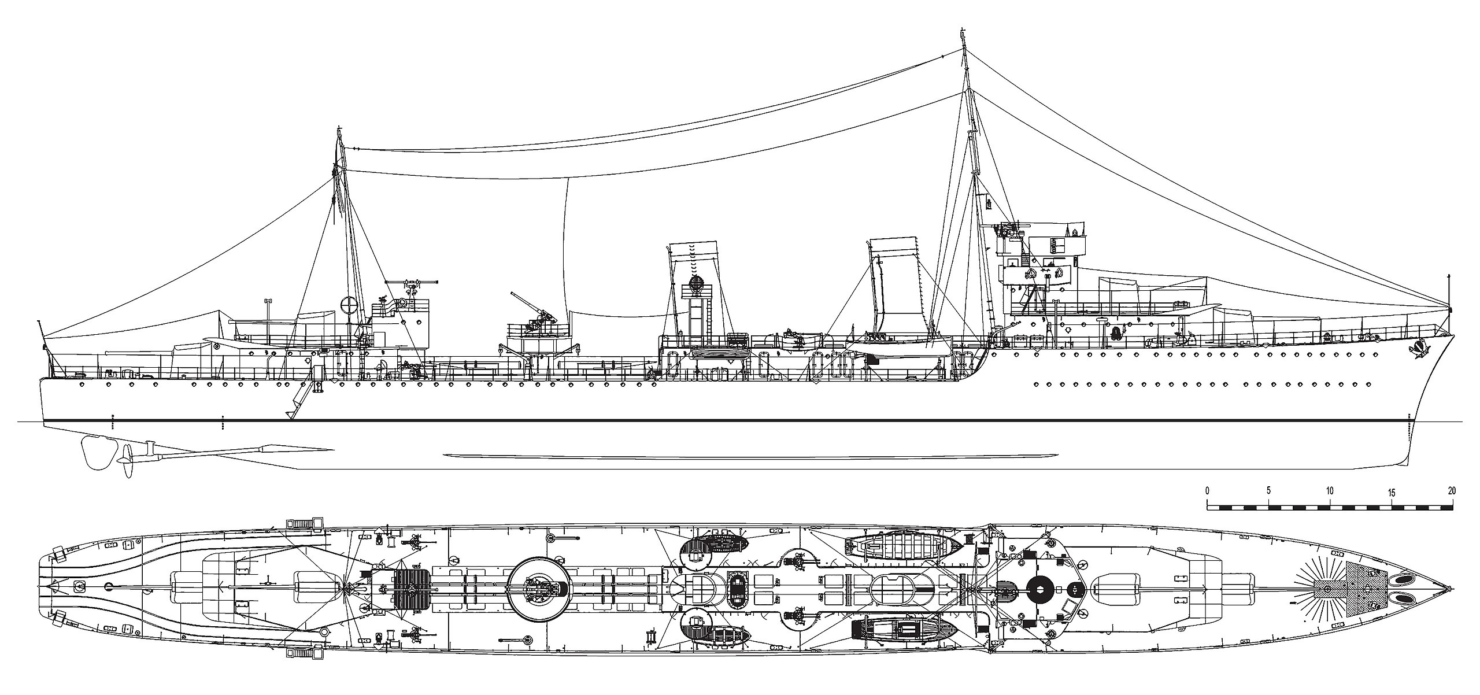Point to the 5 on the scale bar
1268,491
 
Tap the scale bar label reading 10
1330,491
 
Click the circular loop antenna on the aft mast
350,306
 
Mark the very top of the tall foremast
962,29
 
